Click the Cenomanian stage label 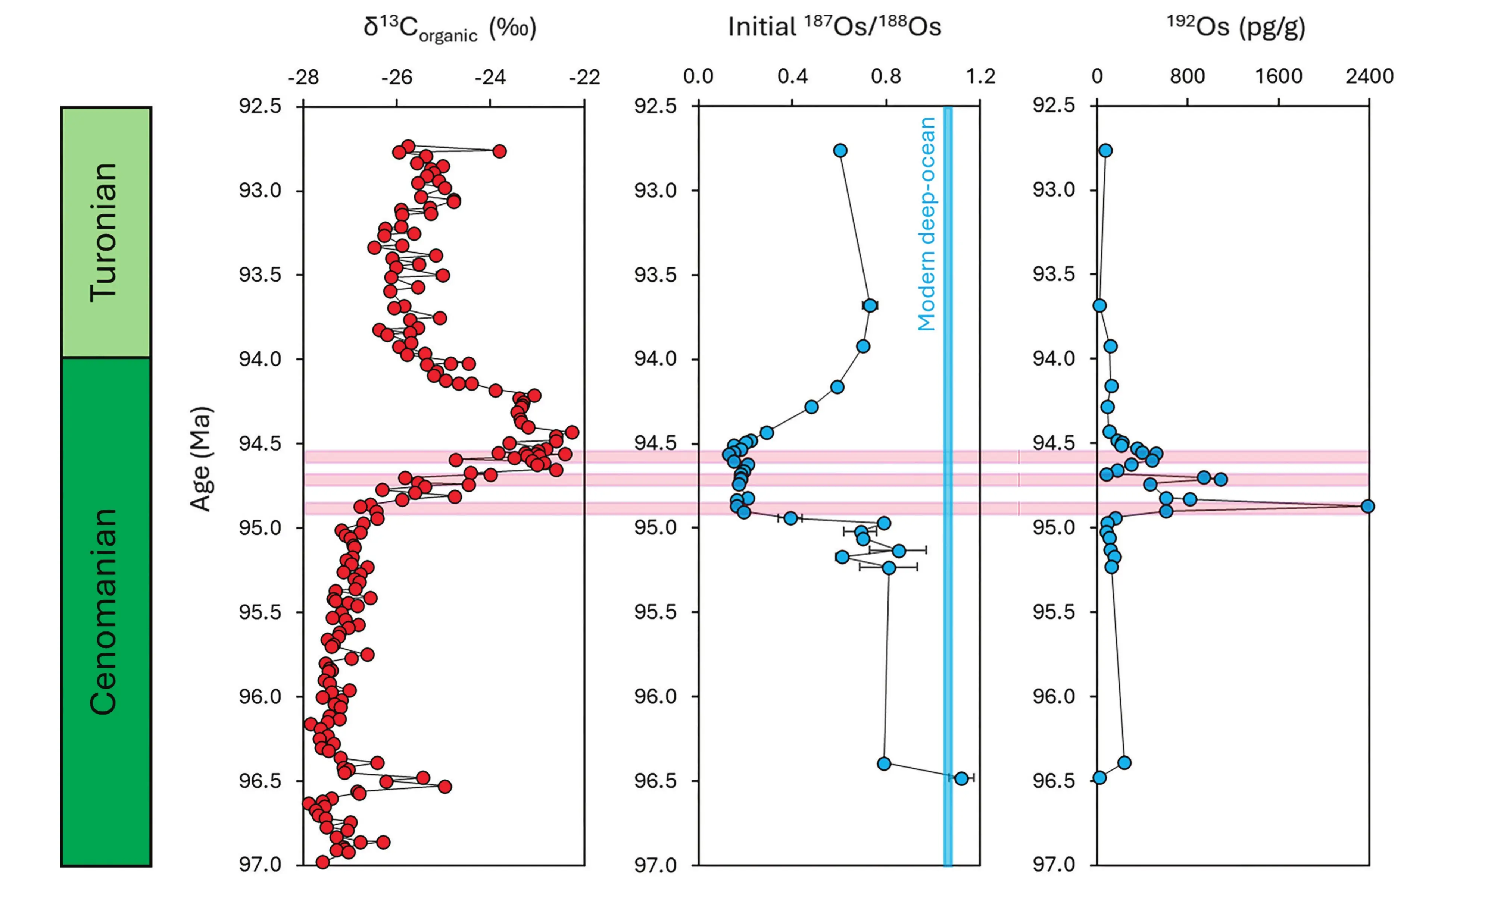coord(104,611)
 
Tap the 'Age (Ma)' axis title coord(201,459)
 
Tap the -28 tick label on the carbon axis coord(303,77)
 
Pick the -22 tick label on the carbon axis coord(584,77)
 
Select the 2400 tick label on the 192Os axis coord(1369,76)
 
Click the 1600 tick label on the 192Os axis coord(1278,76)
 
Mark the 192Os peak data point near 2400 coord(1367,506)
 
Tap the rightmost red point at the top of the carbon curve coord(499,151)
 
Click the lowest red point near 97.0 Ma coord(322,862)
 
